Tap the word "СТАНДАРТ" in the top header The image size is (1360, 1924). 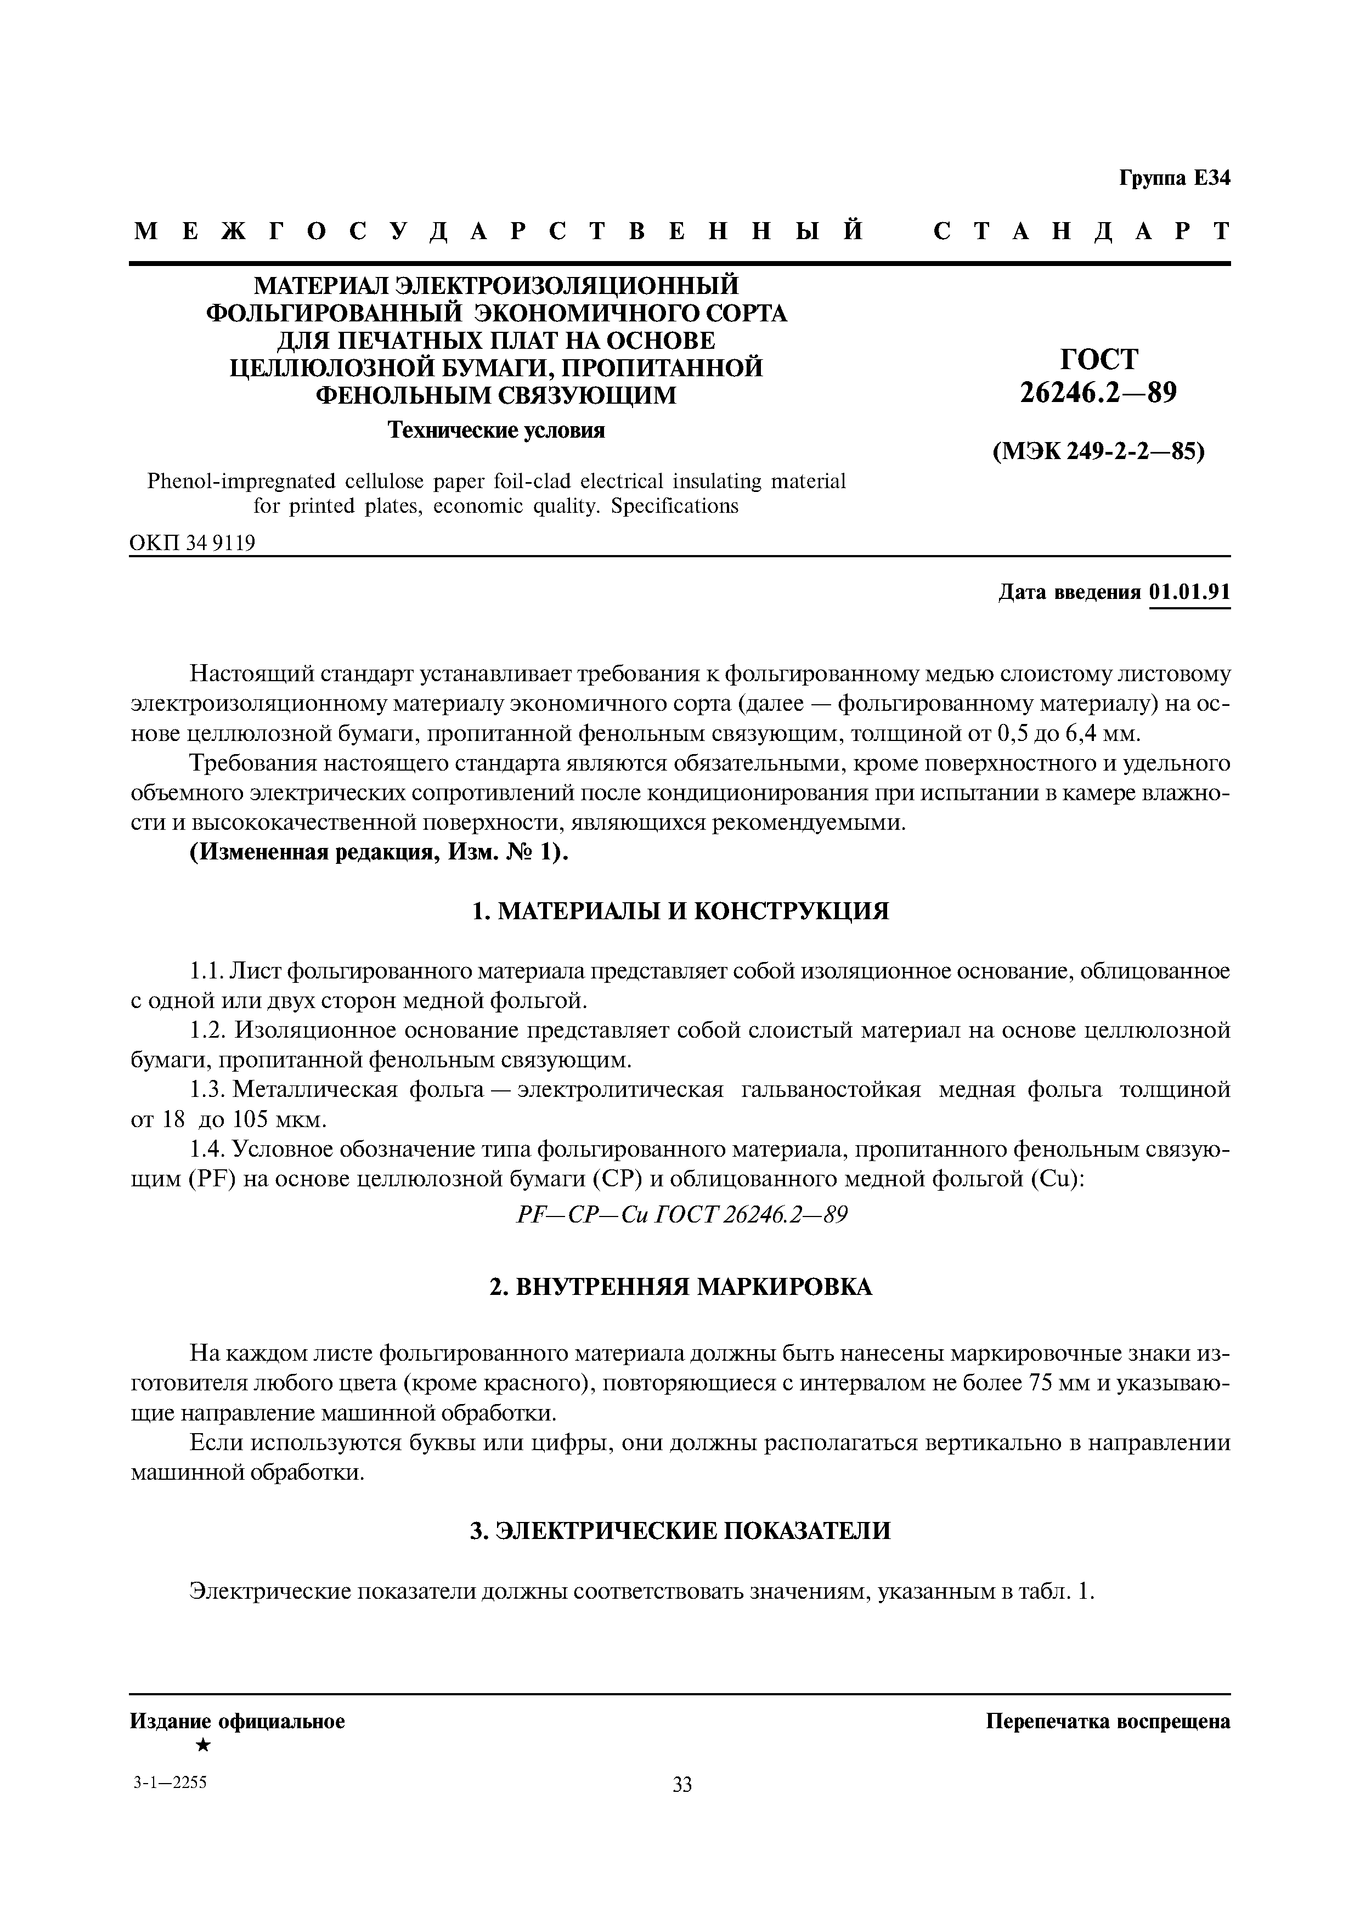(x=1081, y=231)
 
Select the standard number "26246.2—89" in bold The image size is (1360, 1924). (x=1098, y=392)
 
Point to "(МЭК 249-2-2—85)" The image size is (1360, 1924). (x=1098, y=452)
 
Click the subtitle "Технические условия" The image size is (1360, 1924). (x=495, y=430)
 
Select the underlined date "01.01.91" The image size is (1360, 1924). (x=1190, y=592)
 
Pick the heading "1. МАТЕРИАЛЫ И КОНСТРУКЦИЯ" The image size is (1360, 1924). (x=680, y=911)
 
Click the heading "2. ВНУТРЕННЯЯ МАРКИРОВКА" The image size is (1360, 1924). (x=680, y=1286)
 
